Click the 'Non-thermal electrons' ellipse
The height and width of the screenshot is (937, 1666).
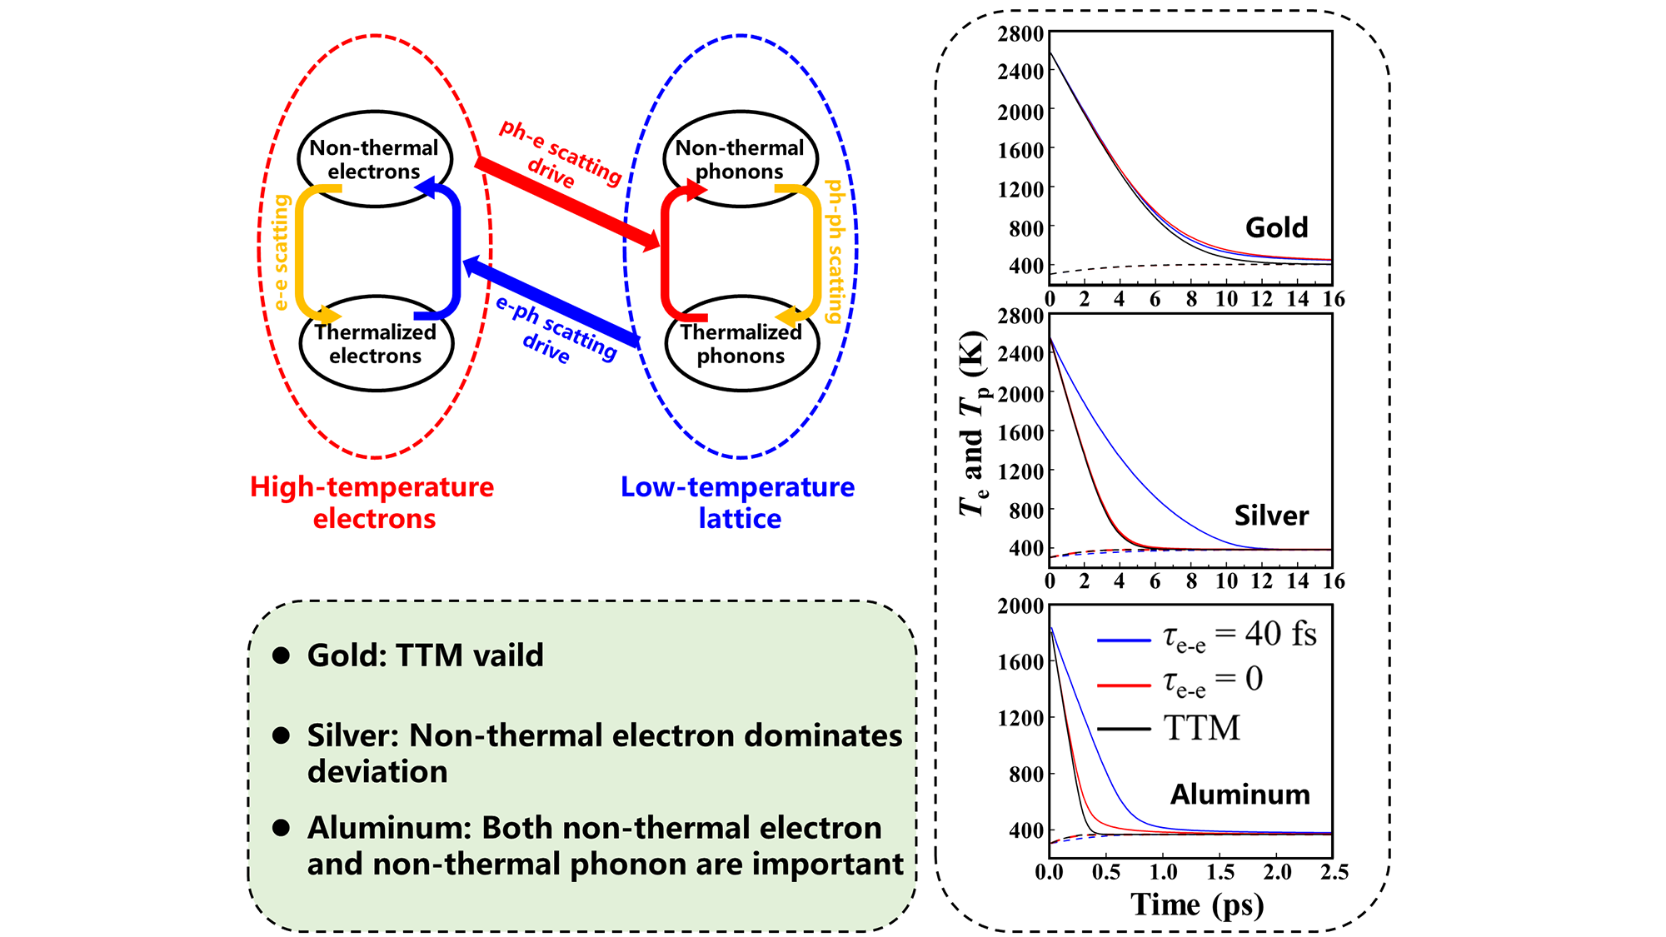pyautogui.click(x=374, y=158)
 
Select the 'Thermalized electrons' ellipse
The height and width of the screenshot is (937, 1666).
pyautogui.click(x=375, y=344)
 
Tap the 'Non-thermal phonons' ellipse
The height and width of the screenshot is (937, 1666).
pyautogui.click(x=740, y=158)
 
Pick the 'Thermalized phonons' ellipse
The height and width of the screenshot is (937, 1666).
pyautogui.click(x=741, y=344)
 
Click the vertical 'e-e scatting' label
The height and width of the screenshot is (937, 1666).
pyautogui.click(x=282, y=252)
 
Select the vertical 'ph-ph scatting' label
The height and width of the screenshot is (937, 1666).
pyautogui.click(x=834, y=252)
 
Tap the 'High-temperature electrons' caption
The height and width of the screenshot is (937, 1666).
pyautogui.click(x=372, y=502)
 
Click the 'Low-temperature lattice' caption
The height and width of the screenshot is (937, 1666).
pyautogui.click(x=738, y=502)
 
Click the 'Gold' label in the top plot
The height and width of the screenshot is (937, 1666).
pyautogui.click(x=1276, y=227)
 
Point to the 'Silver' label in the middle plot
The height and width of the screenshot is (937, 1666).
pyautogui.click(x=1271, y=516)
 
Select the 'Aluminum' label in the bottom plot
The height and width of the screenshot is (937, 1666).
pyautogui.click(x=1240, y=795)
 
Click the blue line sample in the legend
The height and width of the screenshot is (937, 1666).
pyautogui.click(x=1124, y=640)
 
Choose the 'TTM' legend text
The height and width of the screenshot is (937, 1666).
pyautogui.click(x=1202, y=729)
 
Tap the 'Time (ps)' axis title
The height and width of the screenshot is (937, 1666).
pyautogui.click(x=1197, y=905)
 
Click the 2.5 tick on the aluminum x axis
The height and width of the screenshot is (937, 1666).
pyautogui.click(x=1334, y=873)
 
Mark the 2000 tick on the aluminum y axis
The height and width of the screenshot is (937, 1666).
pyautogui.click(x=1020, y=606)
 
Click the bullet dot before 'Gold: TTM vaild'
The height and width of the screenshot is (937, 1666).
pyautogui.click(x=282, y=655)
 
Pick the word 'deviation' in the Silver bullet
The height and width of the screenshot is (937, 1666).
pyautogui.click(x=377, y=772)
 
